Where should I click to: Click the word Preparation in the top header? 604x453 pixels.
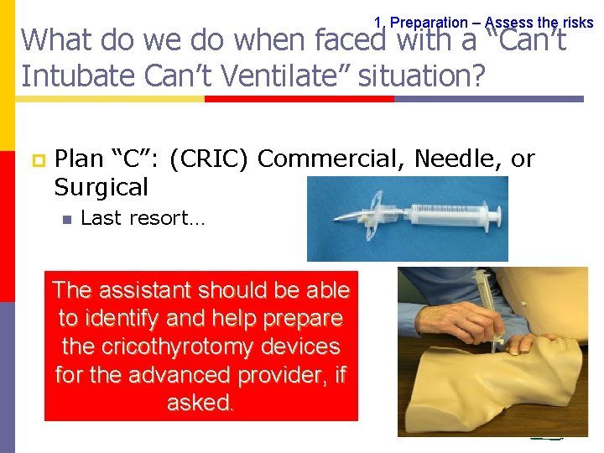[429, 23]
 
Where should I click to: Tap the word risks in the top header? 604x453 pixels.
[575, 23]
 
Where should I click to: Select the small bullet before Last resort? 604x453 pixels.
[66, 219]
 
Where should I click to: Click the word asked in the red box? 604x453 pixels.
[200, 404]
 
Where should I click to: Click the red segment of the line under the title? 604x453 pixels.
[299, 98]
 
